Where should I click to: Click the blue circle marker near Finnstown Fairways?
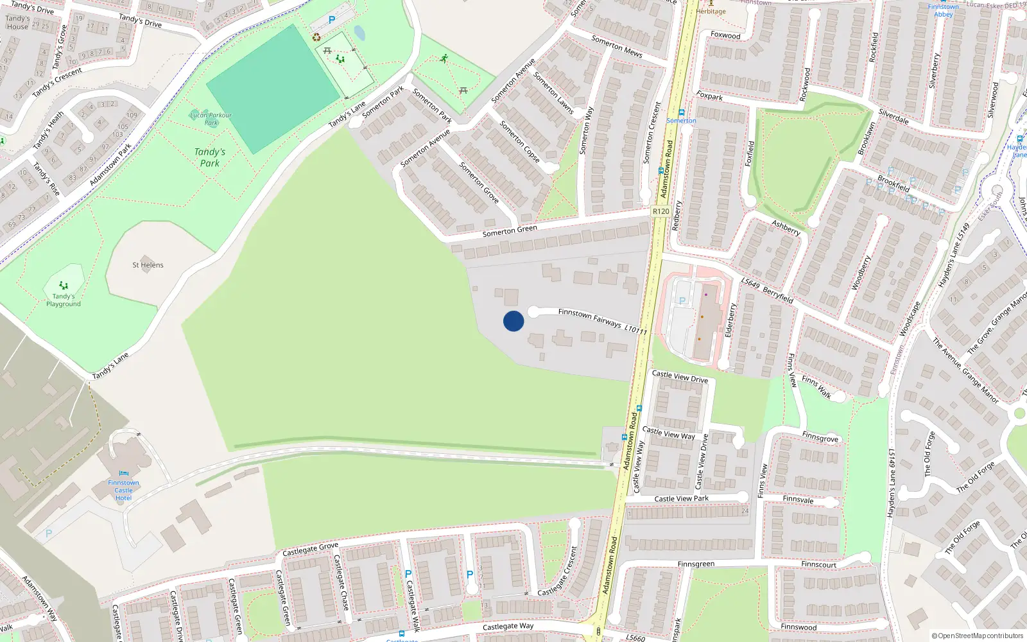pyautogui.click(x=513, y=321)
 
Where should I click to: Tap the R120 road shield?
pyautogui.click(x=660, y=211)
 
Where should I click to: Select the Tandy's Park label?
pyautogui.click(x=210, y=157)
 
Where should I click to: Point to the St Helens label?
pyautogui.click(x=148, y=265)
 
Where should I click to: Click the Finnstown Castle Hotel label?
pyautogui.click(x=123, y=490)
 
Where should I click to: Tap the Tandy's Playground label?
pyautogui.click(x=63, y=300)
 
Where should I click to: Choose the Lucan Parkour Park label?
pyautogui.click(x=211, y=119)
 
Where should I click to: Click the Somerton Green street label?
pyautogui.click(x=510, y=230)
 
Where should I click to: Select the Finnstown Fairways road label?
pyautogui.click(x=589, y=317)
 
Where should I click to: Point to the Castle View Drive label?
pyautogui.click(x=680, y=376)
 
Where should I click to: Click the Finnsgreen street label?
pyautogui.click(x=696, y=564)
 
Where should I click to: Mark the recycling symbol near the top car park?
pyautogui.click(x=316, y=37)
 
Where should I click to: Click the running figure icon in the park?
pyautogui.click(x=444, y=58)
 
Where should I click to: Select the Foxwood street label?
pyautogui.click(x=725, y=35)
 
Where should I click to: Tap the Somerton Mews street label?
pyautogui.click(x=616, y=46)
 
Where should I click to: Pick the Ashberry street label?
pyautogui.click(x=786, y=227)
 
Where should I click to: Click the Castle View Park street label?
pyautogui.click(x=681, y=499)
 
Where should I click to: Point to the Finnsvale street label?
pyautogui.click(x=798, y=499)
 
